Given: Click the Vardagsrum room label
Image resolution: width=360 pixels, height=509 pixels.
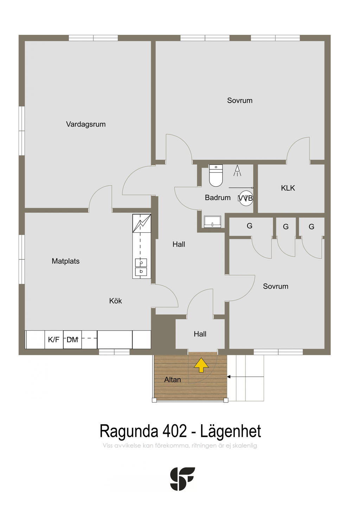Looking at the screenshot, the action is click(x=86, y=124).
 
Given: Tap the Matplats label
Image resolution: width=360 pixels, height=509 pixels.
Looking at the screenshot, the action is click(x=65, y=261).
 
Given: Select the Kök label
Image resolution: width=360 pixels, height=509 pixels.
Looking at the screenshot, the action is click(x=115, y=301).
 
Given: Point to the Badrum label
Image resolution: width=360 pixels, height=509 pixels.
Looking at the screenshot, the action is click(x=218, y=198).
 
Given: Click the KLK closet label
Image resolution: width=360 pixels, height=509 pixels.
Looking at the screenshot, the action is click(x=288, y=188).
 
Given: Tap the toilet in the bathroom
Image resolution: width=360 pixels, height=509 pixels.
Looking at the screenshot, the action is click(x=216, y=175).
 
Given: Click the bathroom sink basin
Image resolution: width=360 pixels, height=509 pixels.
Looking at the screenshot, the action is click(x=212, y=222).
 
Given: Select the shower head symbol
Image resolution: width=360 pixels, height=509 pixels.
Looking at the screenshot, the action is click(x=237, y=170).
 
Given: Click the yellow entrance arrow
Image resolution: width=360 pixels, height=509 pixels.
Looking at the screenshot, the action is click(x=201, y=365).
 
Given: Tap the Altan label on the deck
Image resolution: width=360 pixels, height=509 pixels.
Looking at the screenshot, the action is click(x=173, y=380).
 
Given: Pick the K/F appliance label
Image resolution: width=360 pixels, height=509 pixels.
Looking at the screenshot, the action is click(x=54, y=340).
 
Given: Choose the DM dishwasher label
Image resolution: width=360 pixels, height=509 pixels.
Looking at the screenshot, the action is click(x=72, y=340).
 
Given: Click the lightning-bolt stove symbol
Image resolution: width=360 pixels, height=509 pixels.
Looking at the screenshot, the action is click(x=142, y=223).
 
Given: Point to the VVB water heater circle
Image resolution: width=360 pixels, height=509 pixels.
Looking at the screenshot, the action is click(x=246, y=198).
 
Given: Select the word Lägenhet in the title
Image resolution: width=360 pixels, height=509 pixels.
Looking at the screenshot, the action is click(x=231, y=431).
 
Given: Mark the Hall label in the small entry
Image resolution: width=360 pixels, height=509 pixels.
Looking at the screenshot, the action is click(x=200, y=334).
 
